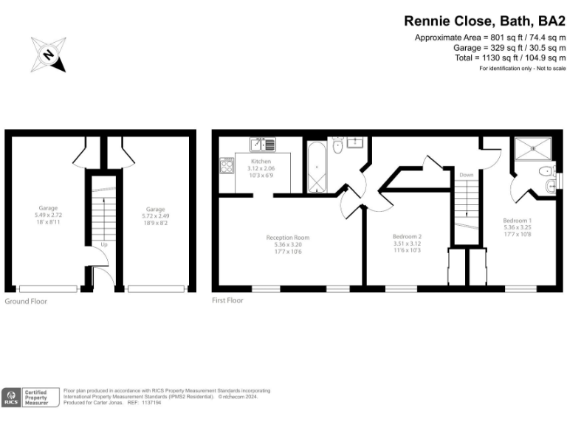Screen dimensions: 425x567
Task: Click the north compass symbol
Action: (x=48, y=55)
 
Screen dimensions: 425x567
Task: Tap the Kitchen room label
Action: (x=261, y=161)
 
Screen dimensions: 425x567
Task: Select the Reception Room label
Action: (x=288, y=238)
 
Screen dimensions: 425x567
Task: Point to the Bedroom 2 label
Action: (x=407, y=237)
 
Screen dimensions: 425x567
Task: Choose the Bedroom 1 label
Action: (x=517, y=220)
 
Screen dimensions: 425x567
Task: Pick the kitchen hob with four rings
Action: (x=226, y=167)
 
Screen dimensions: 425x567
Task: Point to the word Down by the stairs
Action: (x=466, y=175)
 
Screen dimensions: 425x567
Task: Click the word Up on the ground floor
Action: (x=105, y=243)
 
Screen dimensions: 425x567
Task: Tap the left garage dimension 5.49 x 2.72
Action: (x=49, y=215)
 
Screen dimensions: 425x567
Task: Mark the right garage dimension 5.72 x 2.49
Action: (x=155, y=216)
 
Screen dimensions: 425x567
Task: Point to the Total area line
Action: (x=509, y=58)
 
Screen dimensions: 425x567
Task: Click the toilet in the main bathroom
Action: (x=337, y=148)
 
